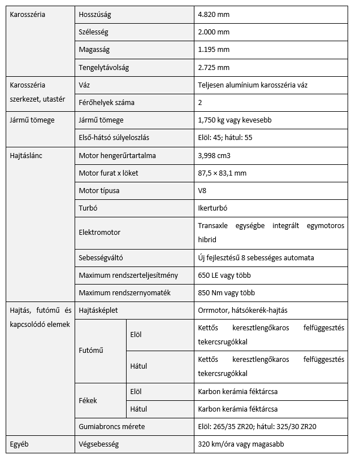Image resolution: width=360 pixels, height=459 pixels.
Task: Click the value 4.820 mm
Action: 214,14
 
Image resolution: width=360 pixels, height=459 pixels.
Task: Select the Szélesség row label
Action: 94,32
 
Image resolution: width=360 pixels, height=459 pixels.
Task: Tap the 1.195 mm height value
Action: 214,50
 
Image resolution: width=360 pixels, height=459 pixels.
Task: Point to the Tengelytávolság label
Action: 104,68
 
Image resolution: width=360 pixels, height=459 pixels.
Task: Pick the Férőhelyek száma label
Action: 106,103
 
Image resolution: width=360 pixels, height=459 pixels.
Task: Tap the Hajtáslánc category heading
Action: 27,155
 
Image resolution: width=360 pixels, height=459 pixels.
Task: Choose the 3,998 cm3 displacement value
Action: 217,155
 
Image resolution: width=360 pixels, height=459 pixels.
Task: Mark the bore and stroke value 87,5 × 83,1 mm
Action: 222,173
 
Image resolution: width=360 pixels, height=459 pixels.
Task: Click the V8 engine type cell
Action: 202,191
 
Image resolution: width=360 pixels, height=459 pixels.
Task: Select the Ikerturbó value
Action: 212,208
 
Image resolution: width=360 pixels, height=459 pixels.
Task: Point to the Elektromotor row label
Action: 99,232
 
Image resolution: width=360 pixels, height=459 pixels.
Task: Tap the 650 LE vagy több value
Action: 224,275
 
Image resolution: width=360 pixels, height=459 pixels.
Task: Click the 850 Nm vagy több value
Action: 226,292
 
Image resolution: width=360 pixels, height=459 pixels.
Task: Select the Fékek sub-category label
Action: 88,400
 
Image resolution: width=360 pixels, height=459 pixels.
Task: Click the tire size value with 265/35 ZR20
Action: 257,426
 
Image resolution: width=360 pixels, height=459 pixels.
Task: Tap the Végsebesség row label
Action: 99,444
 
